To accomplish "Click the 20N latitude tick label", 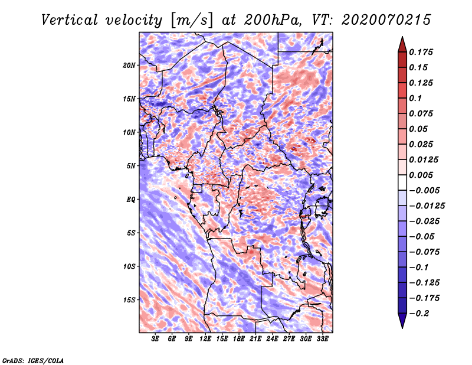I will click(129, 65).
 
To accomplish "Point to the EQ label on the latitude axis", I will click(130, 200).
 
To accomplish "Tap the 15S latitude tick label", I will click(129, 300).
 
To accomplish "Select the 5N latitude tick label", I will click(131, 166).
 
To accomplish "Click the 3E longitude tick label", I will click(156, 340).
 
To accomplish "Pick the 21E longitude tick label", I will click(255, 340).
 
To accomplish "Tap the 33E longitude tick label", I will click(322, 340).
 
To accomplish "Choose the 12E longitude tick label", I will click(205, 340).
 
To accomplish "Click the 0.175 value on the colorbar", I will click(422, 52).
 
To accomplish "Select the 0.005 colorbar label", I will click(422, 175).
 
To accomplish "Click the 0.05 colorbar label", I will click(419, 129).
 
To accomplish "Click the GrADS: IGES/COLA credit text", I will click(33, 360).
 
